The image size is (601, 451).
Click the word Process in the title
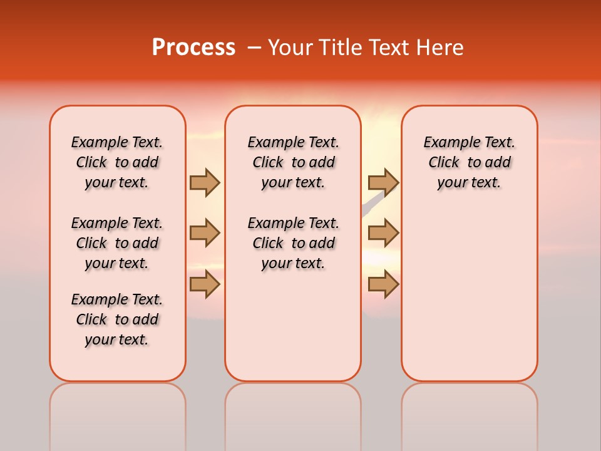[x=193, y=47]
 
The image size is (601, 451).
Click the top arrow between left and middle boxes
[x=205, y=182]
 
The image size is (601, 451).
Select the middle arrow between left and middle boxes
[x=205, y=233]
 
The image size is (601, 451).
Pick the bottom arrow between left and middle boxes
[x=205, y=284]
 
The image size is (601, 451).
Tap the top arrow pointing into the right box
[x=383, y=182]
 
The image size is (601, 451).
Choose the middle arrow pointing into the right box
[x=383, y=233]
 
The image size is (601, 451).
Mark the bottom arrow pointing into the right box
[x=383, y=284]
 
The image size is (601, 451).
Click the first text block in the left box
[x=117, y=162]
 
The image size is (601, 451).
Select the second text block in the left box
[x=117, y=243]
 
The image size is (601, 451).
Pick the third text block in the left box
[x=117, y=319]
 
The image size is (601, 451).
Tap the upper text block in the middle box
[x=293, y=162]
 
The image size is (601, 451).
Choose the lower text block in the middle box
[x=293, y=243]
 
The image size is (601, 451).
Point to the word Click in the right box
[x=444, y=163]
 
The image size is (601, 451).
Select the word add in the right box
[x=498, y=163]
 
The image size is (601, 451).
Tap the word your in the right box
[x=451, y=183]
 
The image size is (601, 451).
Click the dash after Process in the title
[x=254, y=48]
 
